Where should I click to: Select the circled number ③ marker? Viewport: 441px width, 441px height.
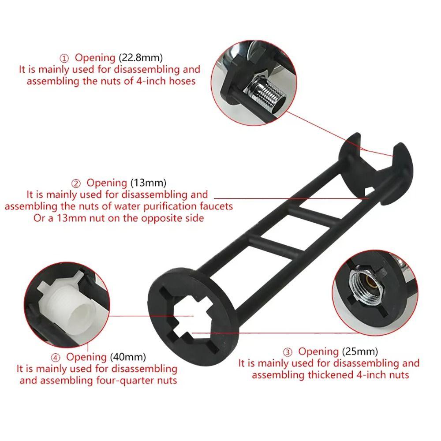pos(288,352)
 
